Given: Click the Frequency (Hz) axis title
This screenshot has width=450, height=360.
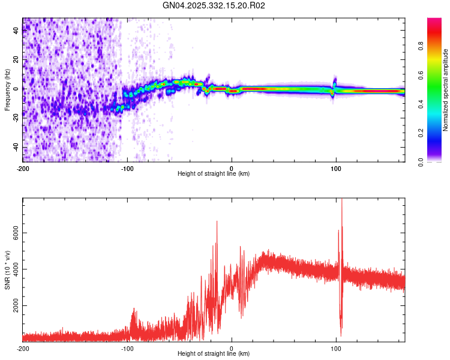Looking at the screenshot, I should (x=7, y=90).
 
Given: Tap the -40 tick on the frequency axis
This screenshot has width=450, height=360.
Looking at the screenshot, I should (x=15, y=147).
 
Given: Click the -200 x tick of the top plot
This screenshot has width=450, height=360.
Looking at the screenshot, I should (x=23, y=167).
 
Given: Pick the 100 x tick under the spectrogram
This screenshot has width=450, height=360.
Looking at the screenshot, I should (x=336, y=167).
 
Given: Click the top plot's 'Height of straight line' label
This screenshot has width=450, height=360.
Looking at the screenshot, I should (x=214, y=174).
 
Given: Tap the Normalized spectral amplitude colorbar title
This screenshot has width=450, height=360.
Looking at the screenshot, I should (x=446, y=90).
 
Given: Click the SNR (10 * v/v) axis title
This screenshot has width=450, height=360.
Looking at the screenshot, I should (x=7, y=269).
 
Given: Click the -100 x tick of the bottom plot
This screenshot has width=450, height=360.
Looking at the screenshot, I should (x=127, y=348).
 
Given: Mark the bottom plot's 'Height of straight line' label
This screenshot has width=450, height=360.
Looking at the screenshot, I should (x=214, y=354).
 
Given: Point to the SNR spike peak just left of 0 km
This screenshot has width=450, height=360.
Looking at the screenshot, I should (x=217, y=222).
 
